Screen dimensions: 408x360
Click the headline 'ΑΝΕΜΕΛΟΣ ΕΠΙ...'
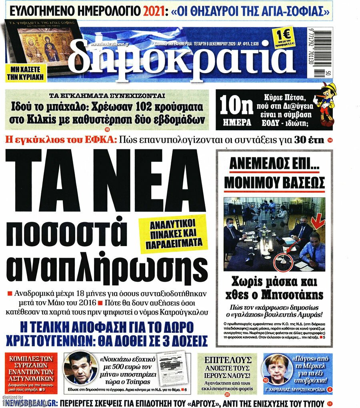[x=274, y=165]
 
